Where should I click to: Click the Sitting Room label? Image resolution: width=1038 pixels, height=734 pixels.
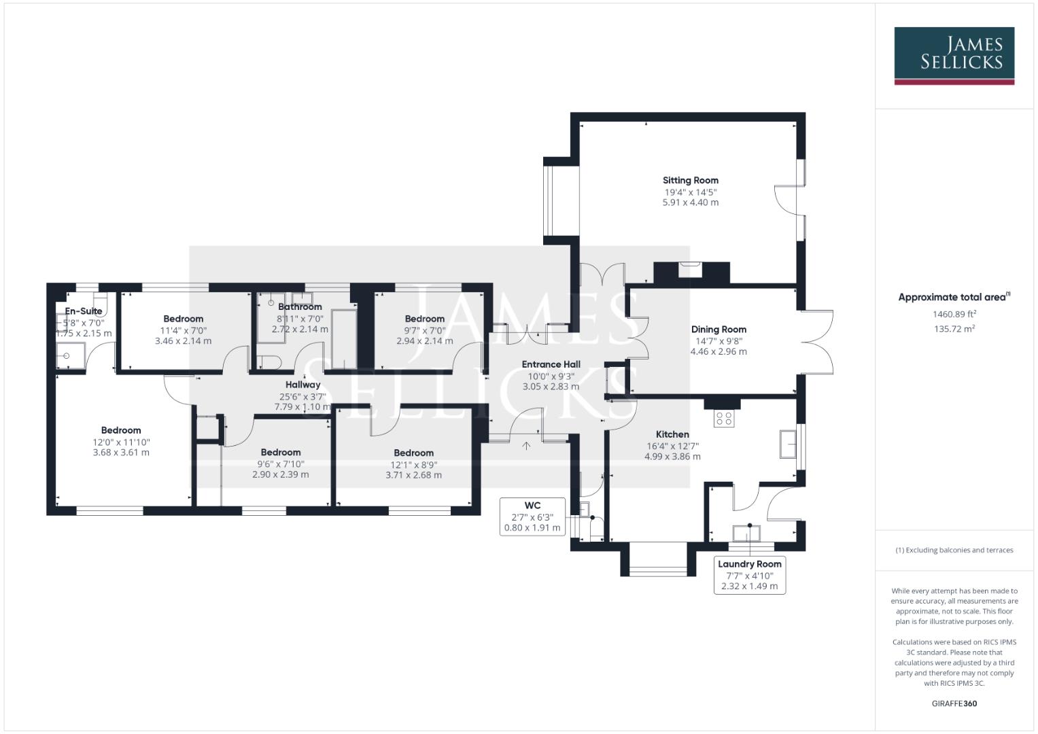pos(690,180)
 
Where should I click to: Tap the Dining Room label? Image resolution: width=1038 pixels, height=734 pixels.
pos(719,329)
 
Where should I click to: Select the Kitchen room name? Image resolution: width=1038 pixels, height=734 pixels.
pos(672,434)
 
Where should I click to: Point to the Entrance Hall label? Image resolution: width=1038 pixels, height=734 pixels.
pos(551,364)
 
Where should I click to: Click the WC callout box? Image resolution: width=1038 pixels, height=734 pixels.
pos(532,516)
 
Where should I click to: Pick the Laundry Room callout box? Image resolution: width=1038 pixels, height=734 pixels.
pos(749,574)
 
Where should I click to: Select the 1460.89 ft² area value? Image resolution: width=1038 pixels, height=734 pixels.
pos(954,314)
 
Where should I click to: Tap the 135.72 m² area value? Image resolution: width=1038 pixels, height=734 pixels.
pos(954,329)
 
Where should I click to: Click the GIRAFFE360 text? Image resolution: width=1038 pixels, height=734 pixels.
pos(954,703)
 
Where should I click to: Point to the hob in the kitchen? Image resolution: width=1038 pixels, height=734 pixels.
pos(723,419)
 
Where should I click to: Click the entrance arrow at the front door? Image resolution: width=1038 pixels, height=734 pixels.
pos(526,446)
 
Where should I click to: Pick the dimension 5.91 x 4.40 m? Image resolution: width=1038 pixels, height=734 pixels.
pos(690,203)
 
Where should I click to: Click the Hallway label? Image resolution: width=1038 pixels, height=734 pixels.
pos(302,385)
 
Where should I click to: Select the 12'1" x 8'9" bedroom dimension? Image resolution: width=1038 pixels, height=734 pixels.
pos(413,465)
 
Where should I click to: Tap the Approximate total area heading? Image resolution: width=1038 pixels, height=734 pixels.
pos(954,297)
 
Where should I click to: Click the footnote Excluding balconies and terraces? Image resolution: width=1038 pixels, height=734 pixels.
pos(954,550)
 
